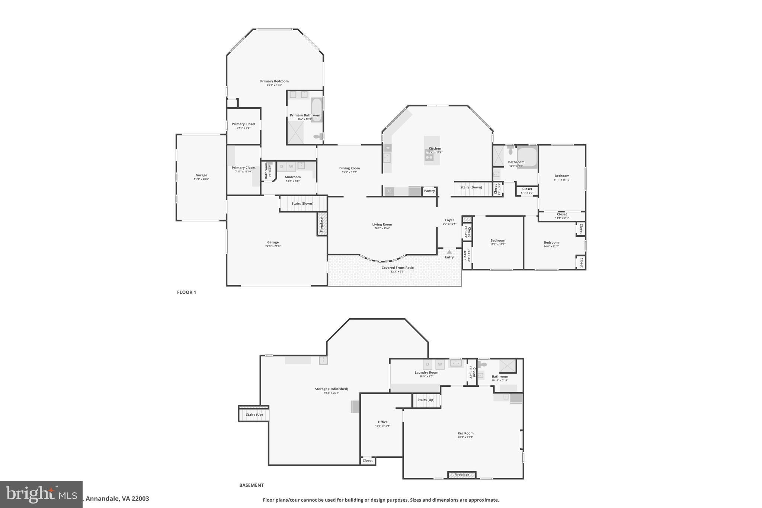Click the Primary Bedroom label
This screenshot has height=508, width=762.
point(274,81)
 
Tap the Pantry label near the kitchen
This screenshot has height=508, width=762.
point(429,191)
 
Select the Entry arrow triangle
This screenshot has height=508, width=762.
point(449,252)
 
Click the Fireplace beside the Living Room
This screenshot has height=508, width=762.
point(322,224)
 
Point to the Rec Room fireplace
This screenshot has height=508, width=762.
point(462,475)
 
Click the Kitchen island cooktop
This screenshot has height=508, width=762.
point(429,157)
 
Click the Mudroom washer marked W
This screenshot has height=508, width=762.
point(291,166)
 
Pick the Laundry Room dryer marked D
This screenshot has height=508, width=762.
point(428,364)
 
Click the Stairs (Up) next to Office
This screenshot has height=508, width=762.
point(426,400)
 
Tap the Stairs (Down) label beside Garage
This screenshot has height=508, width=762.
point(302,204)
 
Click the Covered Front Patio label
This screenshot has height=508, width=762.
point(397,268)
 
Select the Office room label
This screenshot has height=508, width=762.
point(382,422)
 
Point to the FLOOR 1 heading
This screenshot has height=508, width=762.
point(186,292)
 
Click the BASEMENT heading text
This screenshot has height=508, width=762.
point(252,485)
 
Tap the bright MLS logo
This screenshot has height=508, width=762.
point(41,494)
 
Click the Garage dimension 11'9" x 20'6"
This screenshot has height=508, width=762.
point(201,179)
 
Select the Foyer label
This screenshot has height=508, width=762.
point(449,220)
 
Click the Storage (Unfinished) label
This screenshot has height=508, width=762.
point(331,389)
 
